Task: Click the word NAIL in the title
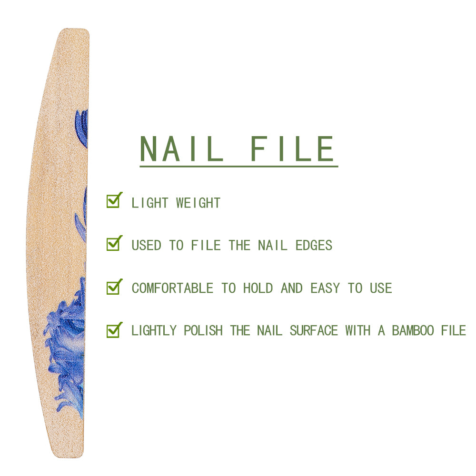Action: pos(181,149)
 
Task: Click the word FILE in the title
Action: pos(292,149)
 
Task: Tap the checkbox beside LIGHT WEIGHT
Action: pos(114,200)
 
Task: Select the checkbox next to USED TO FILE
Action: pos(114,243)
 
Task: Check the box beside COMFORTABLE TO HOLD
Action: pos(114,287)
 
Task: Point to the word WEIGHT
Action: pos(198,203)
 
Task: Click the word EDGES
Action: pos(314,245)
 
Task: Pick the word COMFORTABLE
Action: pos(172,288)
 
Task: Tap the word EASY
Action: pos(325,288)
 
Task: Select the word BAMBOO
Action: pos(413,331)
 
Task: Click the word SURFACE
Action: pos(314,331)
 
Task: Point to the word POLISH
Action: pos(203,331)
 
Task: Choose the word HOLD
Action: pos(258,288)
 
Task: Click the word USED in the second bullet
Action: pos(146,245)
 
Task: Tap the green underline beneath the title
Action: pos(238,166)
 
